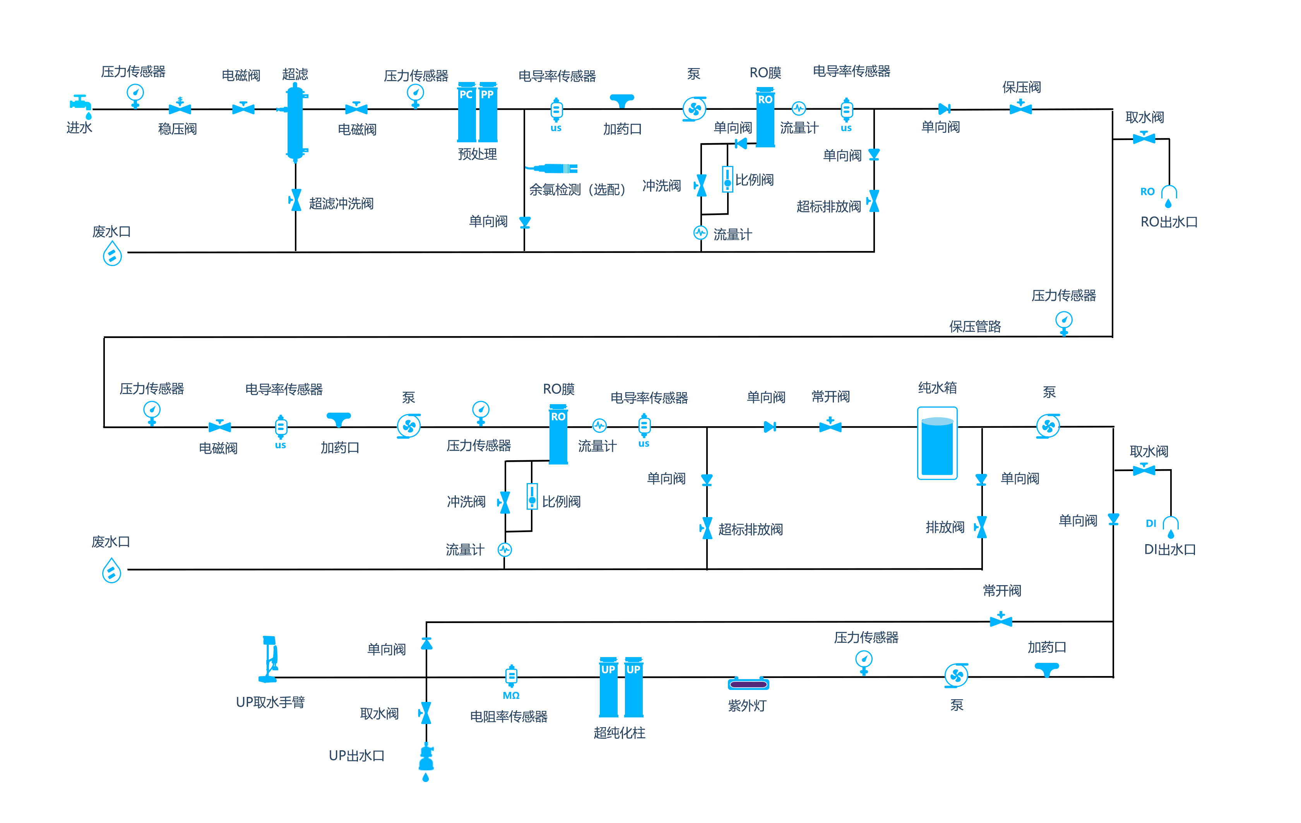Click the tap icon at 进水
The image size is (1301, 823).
tap(80, 104)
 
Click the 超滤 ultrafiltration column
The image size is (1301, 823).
tap(295, 122)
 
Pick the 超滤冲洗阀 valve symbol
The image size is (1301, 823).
tap(296, 200)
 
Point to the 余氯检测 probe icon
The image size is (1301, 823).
tap(556, 169)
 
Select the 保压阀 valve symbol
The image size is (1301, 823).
tap(1020, 108)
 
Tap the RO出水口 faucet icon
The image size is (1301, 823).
tap(1169, 195)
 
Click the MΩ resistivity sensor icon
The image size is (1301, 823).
tap(511, 676)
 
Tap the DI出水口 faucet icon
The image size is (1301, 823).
tap(1170, 526)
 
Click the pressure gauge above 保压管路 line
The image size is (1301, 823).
tap(1064, 322)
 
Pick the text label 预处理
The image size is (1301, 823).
tap(477, 154)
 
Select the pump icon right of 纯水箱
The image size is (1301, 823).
tap(1048, 427)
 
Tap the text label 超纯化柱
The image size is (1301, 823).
tap(619, 733)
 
